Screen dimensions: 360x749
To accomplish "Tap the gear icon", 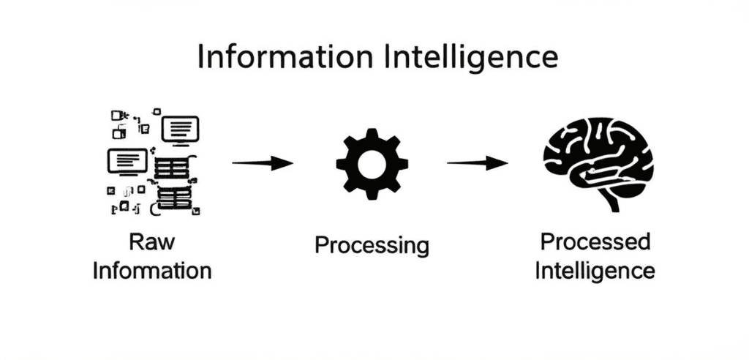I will click(x=372, y=162).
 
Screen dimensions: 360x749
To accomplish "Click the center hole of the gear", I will click(x=372, y=162).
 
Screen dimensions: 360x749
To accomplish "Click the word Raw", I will click(x=152, y=241).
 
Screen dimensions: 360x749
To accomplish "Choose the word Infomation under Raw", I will click(x=152, y=270).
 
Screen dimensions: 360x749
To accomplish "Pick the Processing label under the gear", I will click(x=372, y=245).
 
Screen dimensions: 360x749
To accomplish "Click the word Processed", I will click(x=595, y=241).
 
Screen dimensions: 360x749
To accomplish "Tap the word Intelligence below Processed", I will click(x=595, y=270).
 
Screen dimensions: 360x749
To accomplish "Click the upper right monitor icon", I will click(x=180, y=130).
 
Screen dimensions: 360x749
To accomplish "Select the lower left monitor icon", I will click(x=127, y=161).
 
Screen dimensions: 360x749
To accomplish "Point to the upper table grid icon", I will click(x=173, y=168).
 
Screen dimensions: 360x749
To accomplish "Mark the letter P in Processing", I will click(x=320, y=245).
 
